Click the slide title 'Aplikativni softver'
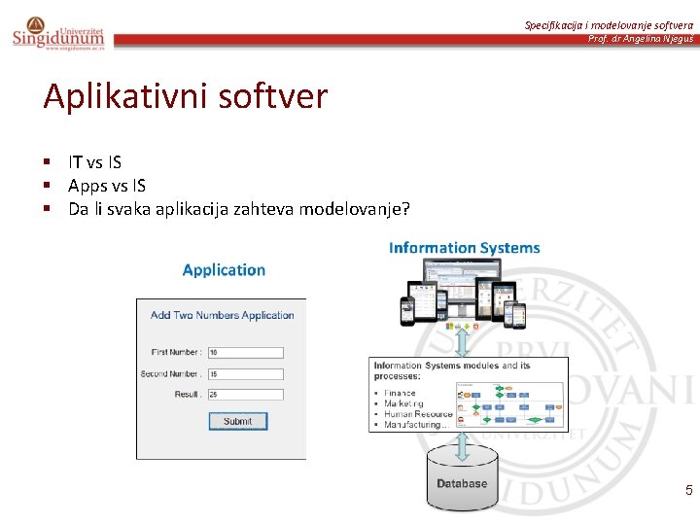(x=186, y=97)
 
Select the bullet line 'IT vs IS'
(x=94, y=162)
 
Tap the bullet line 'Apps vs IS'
(x=107, y=185)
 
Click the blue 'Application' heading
(x=224, y=270)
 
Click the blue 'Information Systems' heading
(x=464, y=248)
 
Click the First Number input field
(x=245, y=352)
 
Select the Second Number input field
(x=245, y=373)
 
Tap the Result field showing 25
(x=245, y=395)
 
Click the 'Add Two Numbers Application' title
(x=222, y=315)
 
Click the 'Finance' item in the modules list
(x=400, y=394)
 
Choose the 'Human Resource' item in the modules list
(x=418, y=414)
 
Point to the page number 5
(x=688, y=490)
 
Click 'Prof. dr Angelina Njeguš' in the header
(x=641, y=39)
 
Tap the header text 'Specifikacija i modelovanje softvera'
(x=609, y=24)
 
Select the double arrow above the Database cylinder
(x=464, y=446)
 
